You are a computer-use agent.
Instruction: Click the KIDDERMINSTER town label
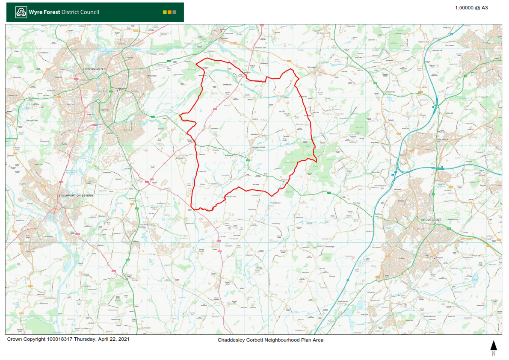[94, 69]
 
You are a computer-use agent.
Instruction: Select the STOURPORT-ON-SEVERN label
[75, 195]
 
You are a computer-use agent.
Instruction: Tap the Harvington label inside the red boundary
[214, 128]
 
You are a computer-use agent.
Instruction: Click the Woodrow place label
[255, 119]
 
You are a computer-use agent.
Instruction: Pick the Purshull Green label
[275, 203]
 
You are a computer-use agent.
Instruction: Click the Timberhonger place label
[329, 247]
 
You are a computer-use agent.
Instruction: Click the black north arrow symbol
[494, 345]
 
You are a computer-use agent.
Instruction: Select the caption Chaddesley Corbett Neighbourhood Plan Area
[270, 340]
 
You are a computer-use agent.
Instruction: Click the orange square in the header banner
[170, 12]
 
